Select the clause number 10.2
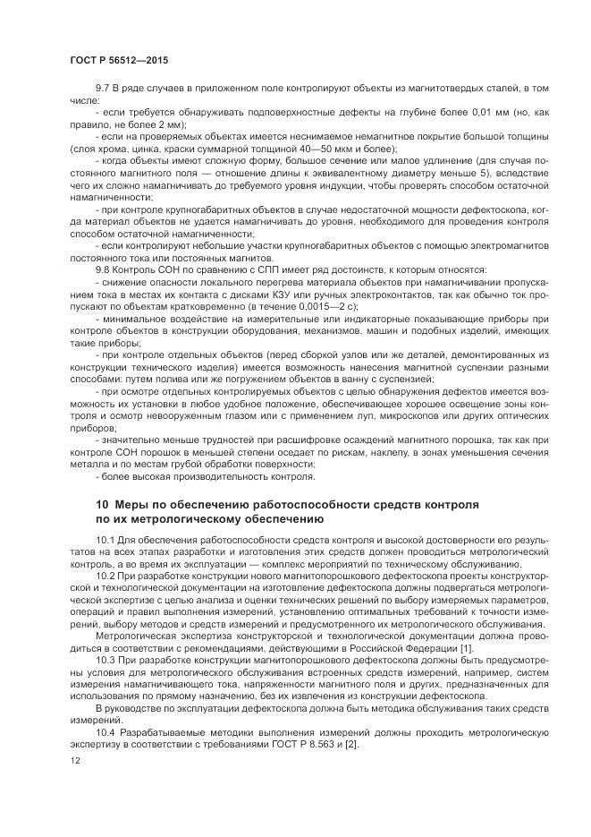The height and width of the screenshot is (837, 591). coord(106,577)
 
